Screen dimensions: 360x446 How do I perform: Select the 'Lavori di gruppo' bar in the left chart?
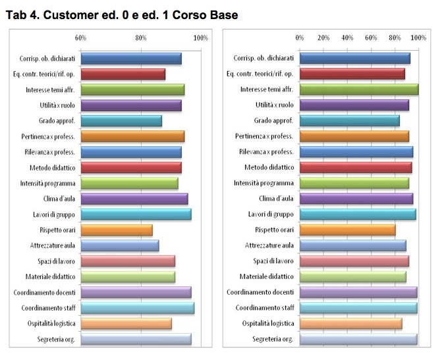click(136, 215)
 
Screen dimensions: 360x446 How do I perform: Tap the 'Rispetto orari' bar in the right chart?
click(347, 230)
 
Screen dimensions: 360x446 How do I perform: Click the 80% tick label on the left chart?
click(140, 38)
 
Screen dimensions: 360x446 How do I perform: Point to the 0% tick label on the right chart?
click(300, 38)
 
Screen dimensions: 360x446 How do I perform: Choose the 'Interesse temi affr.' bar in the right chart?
click(358, 90)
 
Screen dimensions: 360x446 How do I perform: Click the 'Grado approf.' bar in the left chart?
click(121, 121)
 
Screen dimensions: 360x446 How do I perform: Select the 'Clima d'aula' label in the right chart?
click(276, 199)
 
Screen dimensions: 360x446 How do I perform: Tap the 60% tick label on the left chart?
click(81, 38)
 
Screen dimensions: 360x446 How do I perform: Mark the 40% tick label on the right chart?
click(347, 38)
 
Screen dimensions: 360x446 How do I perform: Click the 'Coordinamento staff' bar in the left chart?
click(137, 308)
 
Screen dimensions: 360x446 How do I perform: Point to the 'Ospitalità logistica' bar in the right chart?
click(350, 324)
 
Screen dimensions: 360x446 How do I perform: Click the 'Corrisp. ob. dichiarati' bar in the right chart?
click(354, 59)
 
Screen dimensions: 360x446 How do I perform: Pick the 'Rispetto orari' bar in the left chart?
click(117, 230)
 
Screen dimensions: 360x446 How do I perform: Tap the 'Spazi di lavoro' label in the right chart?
click(275, 261)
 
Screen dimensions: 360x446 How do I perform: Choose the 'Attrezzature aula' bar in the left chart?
click(120, 245)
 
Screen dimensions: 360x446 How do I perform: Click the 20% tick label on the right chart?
click(323, 38)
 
